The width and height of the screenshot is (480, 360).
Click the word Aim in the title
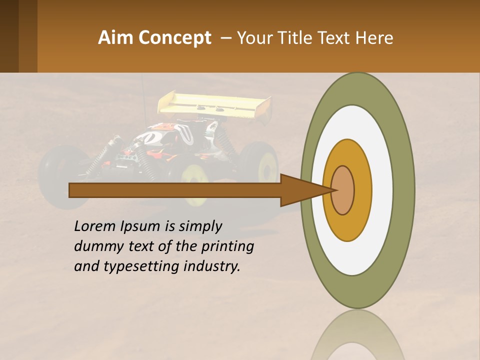click(116, 38)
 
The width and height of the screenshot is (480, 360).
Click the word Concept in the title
click(174, 38)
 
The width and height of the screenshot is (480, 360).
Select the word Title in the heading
click(297, 38)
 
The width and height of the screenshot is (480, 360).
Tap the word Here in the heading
click(375, 38)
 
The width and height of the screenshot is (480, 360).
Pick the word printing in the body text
click(227, 247)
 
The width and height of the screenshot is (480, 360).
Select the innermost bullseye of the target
click(342, 190)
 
